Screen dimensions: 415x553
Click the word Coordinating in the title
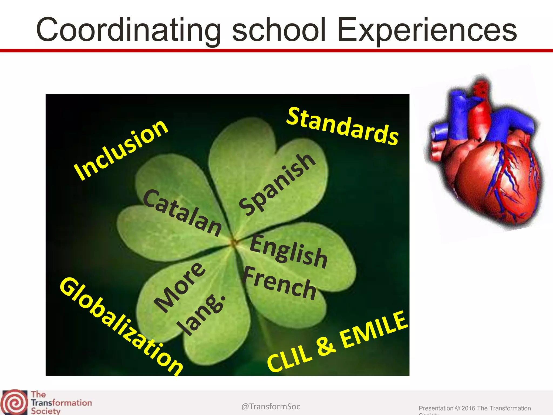pyautogui.click(x=128, y=30)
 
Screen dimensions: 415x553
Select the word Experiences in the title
pyautogui.click(x=427, y=30)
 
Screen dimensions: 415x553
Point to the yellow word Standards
pyautogui.click(x=342, y=126)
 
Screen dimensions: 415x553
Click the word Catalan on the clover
pyautogui.click(x=182, y=213)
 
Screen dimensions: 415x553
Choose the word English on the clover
pyautogui.click(x=288, y=252)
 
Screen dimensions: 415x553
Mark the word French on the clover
pyautogui.click(x=279, y=283)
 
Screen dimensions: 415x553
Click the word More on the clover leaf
pyautogui.click(x=180, y=287)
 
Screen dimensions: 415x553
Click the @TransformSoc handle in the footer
pyautogui.click(x=271, y=406)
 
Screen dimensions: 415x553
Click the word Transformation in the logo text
pyautogui.click(x=61, y=403)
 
